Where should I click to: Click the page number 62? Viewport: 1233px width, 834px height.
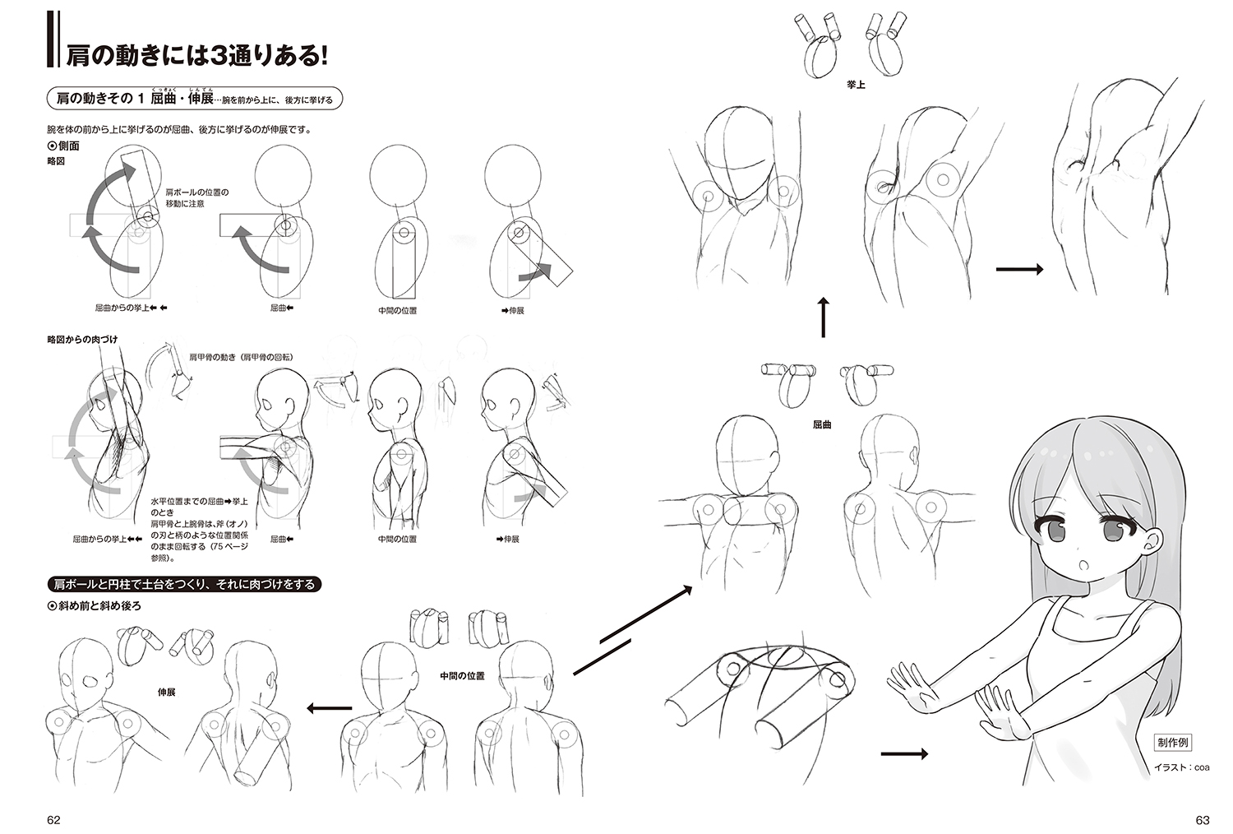tap(53, 820)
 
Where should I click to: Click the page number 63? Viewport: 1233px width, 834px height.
tap(1202, 820)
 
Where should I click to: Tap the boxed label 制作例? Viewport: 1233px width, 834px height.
tap(1172, 743)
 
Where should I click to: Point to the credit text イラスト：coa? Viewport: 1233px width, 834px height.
tap(1181, 767)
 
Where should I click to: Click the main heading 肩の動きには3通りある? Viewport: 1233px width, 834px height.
tap(196, 56)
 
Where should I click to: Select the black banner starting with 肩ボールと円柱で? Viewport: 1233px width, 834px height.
tap(184, 584)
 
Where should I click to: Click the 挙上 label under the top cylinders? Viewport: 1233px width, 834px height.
tap(856, 85)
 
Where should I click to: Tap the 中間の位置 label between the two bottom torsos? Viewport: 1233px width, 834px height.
tap(462, 676)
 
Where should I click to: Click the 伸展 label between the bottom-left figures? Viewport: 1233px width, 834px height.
tap(166, 692)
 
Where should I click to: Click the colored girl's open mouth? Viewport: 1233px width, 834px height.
tap(1084, 567)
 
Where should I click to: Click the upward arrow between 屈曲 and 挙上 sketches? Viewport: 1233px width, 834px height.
tap(823, 317)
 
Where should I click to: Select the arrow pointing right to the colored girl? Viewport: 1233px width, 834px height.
tap(904, 753)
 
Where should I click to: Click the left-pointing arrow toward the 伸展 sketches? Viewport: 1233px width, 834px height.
tap(329, 708)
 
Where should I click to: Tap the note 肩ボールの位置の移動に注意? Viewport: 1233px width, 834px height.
tap(197, 197)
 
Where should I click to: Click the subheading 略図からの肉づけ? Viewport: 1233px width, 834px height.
tap(82, 340)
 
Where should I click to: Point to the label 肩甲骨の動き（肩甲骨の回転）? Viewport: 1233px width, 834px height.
tap(241, 357)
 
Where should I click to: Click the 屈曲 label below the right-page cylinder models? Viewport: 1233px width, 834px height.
tap(822, 424)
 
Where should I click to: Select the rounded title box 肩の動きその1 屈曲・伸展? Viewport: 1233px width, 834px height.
tap(195, 98)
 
